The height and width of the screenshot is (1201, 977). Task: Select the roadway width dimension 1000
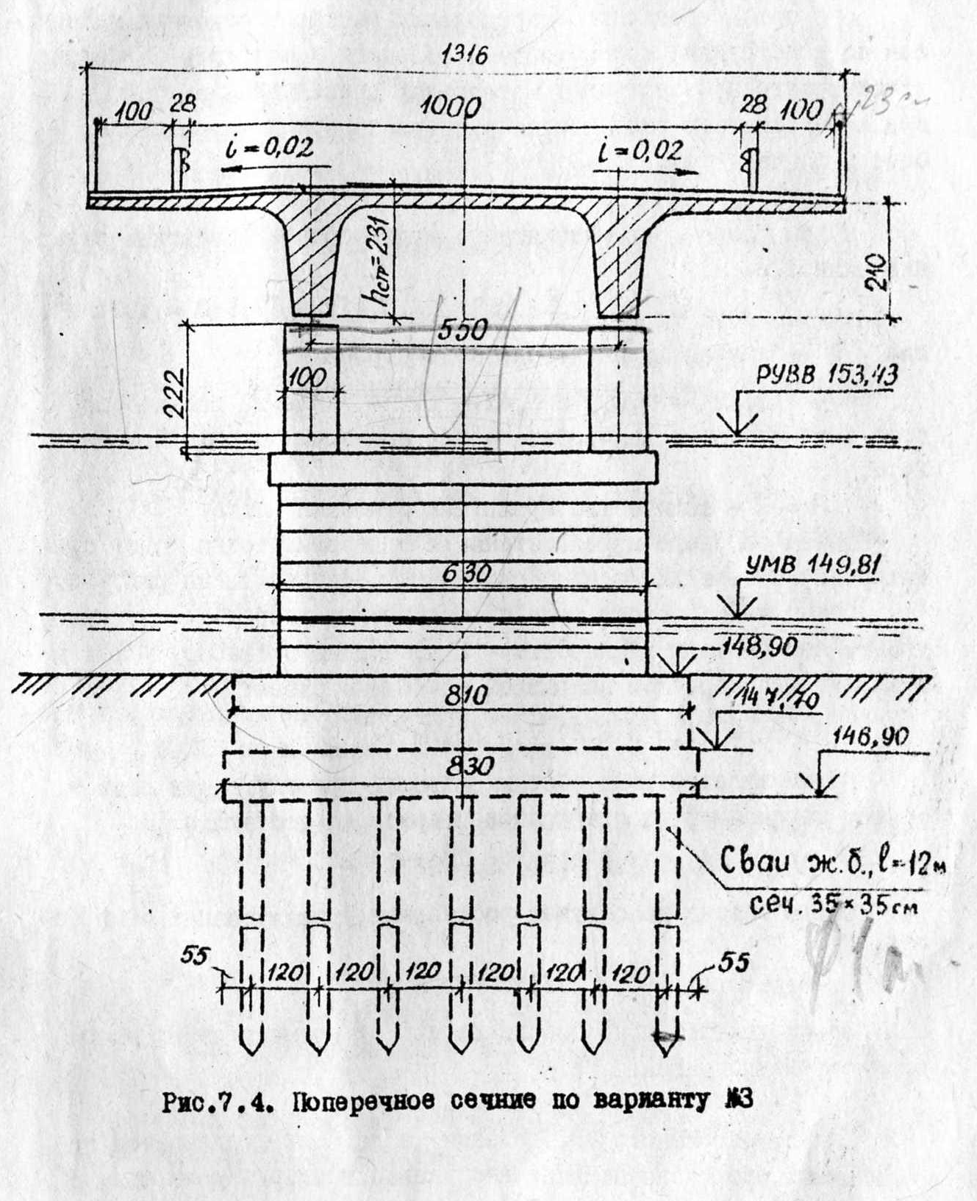point(451,108)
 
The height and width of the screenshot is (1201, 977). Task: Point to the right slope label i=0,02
point(640,150)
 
